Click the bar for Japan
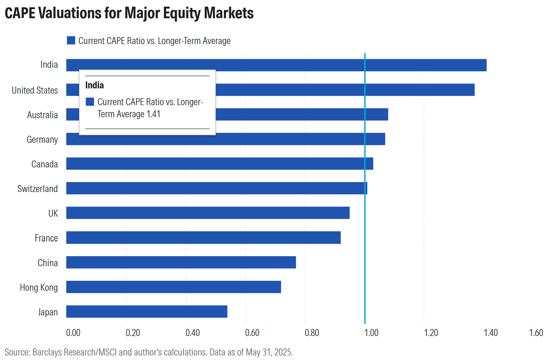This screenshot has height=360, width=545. (147, 311)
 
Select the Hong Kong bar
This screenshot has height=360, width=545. (173, 287)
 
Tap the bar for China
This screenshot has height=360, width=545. (181, 262)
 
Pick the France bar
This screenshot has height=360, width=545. (203, 238)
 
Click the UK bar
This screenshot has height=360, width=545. (208, 213)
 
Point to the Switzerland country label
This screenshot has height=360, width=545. (37, 189)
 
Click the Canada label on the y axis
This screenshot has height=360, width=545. (44, 164)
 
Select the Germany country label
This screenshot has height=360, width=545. (42, 139)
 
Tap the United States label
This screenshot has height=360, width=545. (35, 90)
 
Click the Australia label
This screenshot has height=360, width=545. (42, 115)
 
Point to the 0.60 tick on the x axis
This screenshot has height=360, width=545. (252, 333)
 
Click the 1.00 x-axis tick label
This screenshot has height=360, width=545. (371, 333)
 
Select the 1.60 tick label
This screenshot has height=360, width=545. (536, 333)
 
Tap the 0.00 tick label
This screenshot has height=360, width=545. (73, 333)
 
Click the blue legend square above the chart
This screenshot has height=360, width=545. (71, 40)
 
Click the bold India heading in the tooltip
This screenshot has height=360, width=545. (95, 85)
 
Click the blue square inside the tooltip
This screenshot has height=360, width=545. (90, 101)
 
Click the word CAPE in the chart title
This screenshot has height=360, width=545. (20, 13)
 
